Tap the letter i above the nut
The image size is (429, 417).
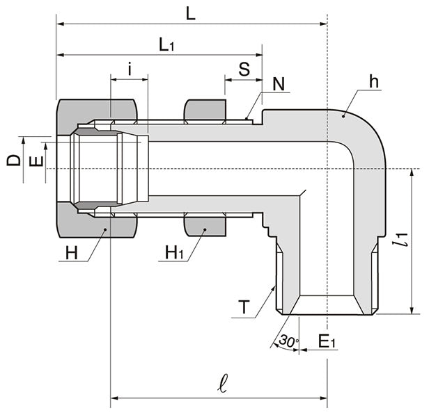click(130, 69)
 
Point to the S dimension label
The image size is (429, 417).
click(244, 69)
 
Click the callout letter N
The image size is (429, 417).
click(279, 84)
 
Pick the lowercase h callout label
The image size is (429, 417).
click(375, 81)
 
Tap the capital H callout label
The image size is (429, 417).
click(72, 252)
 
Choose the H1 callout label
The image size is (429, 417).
click(174, 252)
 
